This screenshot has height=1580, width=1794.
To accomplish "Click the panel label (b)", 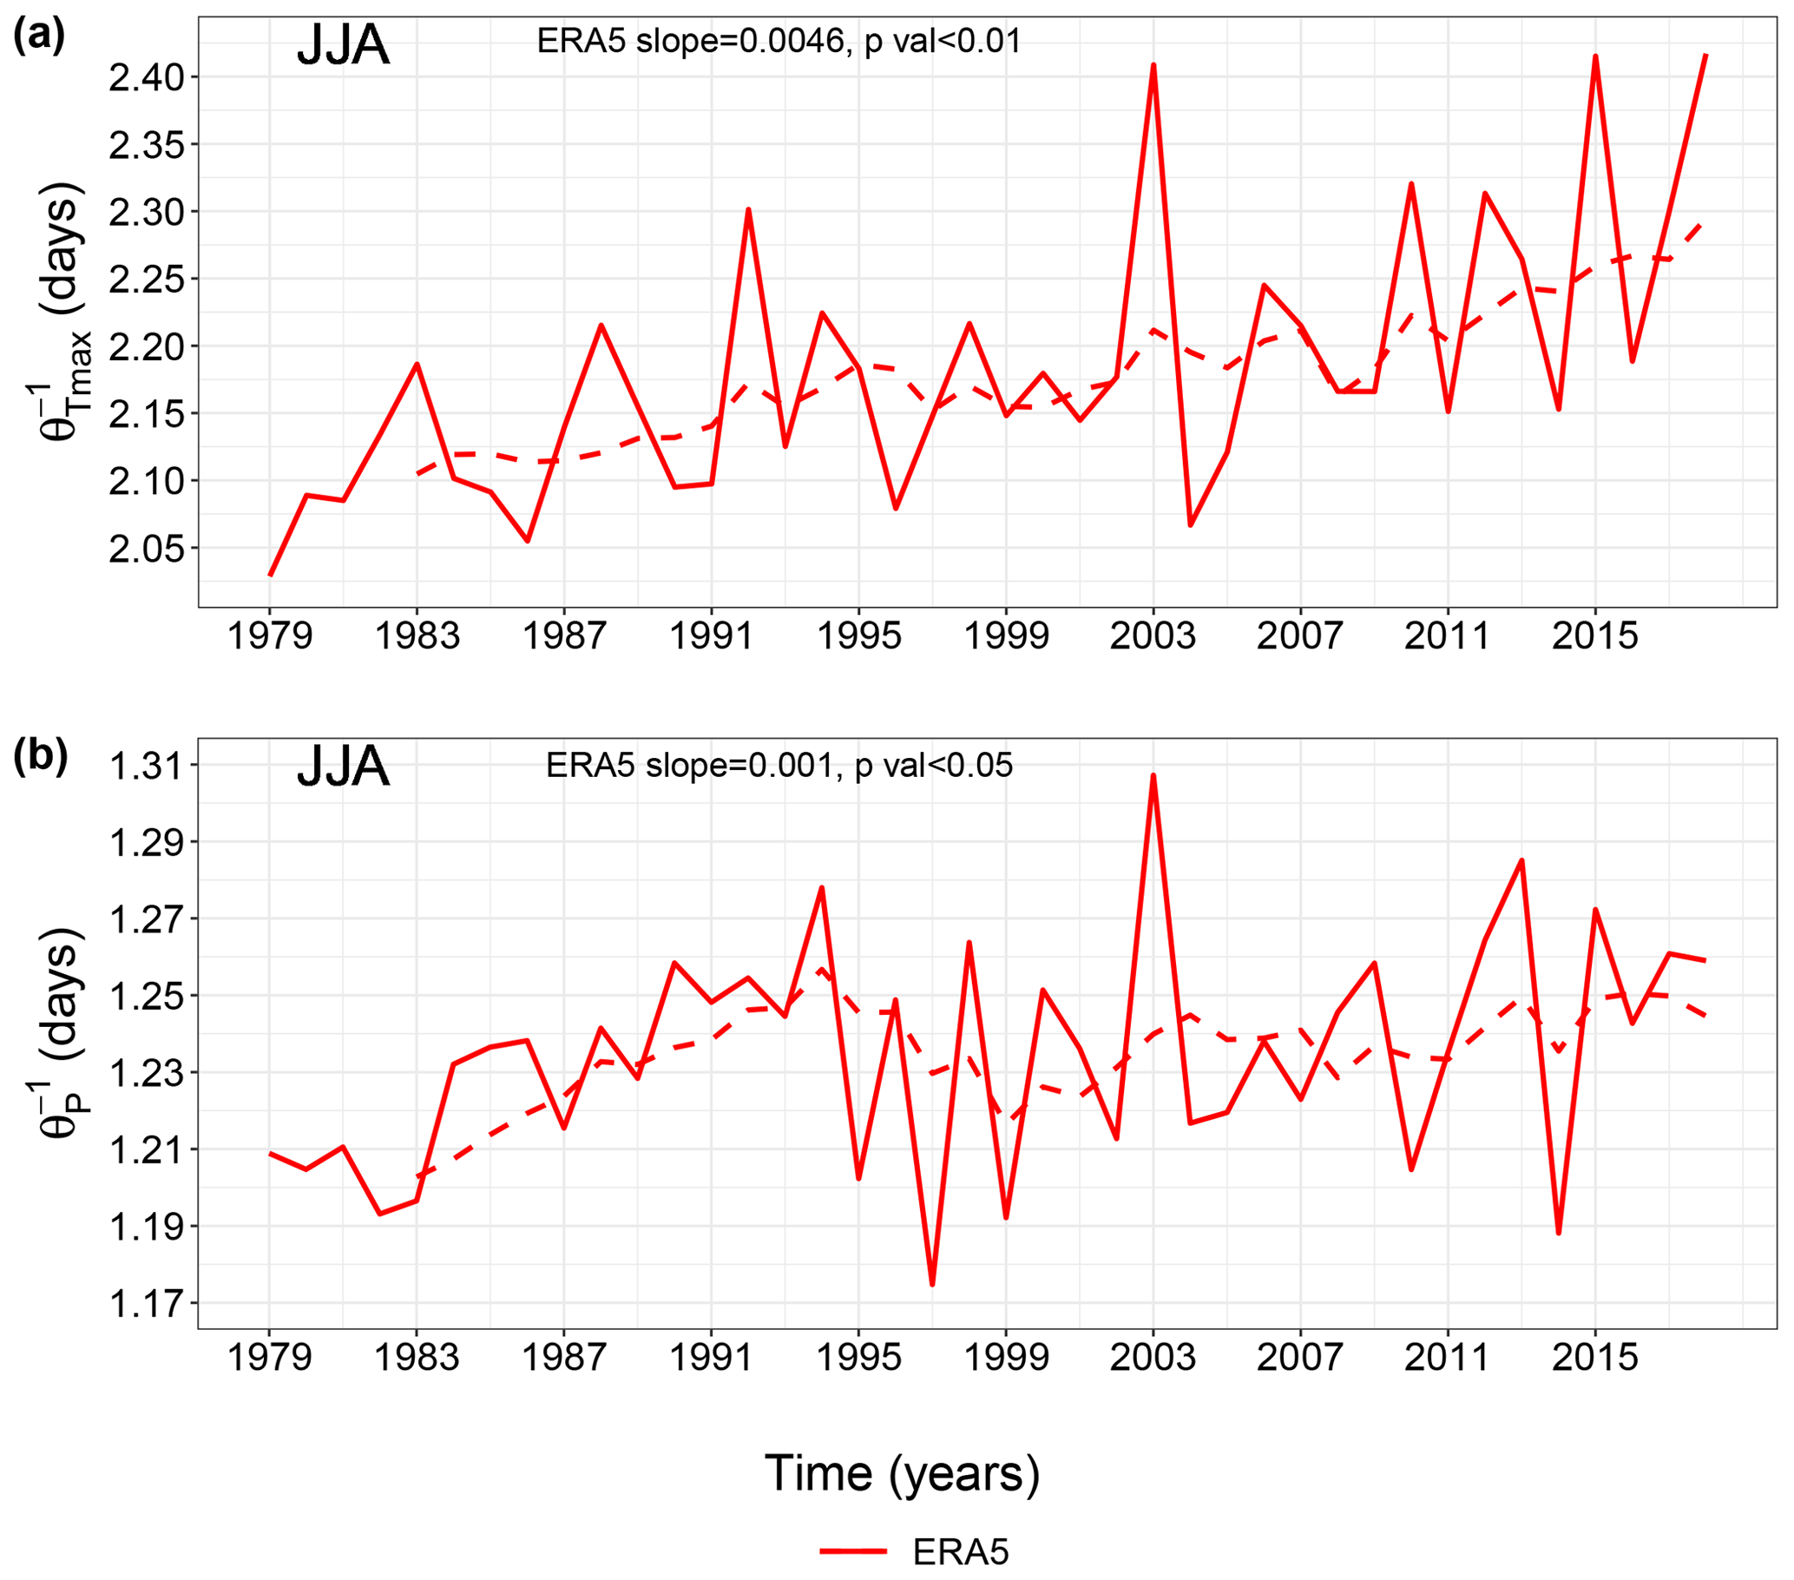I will pyautogui.click(x=41, y=757).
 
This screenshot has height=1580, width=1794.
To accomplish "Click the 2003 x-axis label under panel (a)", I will pyautogui.click(x=1153, y=635).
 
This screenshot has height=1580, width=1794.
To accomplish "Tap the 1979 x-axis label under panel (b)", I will pyautogui.click(x=269, y=1357).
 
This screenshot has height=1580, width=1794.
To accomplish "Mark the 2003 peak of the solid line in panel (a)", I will pyautogui.click(x=1153, y=65).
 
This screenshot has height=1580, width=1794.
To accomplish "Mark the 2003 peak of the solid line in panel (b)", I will pyautogui.click(x=1153, y=775).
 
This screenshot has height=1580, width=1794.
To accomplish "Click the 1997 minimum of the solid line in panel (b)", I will pyautogui.click(x=932, y=1284).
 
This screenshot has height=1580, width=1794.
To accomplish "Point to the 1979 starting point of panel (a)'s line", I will pyautogui.click(x=270, y=575).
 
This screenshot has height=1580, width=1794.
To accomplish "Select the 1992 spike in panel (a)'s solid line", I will pyautogui.click(x=748, y=210).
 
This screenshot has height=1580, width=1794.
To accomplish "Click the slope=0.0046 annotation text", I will pyautogui.click(x=779, y=42).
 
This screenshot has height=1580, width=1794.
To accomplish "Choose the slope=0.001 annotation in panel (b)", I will pyautogui.click(x=779, y=766).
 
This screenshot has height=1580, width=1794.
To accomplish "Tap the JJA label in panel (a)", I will pyautogui.click(x=343, y=46).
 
